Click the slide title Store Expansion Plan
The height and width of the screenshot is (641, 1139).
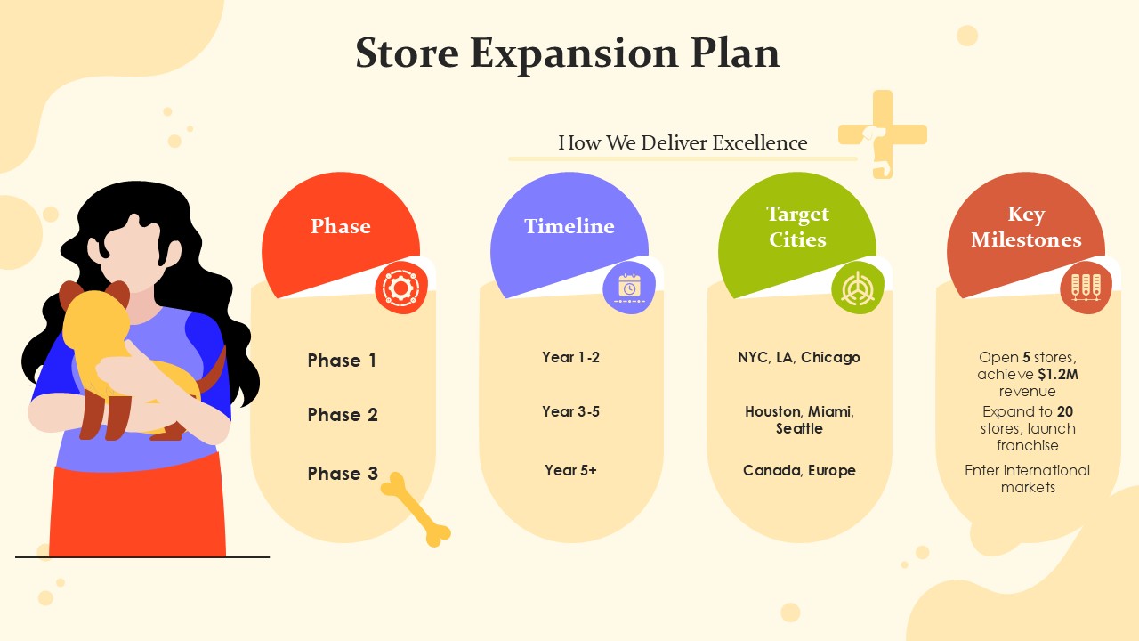[x=568, y=53]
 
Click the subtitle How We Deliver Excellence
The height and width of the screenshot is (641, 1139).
[x=683, y=143]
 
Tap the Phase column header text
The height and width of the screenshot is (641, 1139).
[x=341, y=226]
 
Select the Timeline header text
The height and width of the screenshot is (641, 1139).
[x=569, y=226]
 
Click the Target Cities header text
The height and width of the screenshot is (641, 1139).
[x=798, y=227]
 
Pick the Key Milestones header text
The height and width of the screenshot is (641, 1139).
[x=1026, y=227]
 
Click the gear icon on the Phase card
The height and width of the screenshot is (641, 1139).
[x=400, y=288]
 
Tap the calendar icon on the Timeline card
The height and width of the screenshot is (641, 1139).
[x=629, y=288]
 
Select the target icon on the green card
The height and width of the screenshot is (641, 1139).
[x=858, y=288]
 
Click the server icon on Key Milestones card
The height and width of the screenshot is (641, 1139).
[x=1086, y=288]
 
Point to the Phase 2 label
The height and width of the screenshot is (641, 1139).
[x=343, y=415]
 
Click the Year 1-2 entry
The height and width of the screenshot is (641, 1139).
[x=570, y=357]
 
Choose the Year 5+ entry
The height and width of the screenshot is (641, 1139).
[x=570, y=470]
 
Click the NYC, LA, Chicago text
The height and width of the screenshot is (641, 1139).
[x=799, y=358]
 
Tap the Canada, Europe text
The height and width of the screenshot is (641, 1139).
[x=799, y=471]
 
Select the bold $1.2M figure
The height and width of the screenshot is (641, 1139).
[x=1058, y=375]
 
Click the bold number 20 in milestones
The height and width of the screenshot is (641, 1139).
[x=1065, y=411]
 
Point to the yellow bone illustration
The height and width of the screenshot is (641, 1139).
[x=416, y=510]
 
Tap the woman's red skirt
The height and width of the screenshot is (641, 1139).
[x=137, y=508]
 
